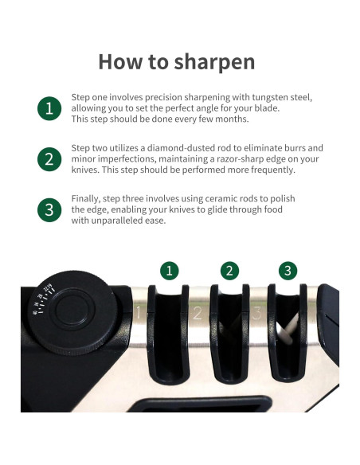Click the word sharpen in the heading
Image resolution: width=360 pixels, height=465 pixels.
tap(214, 63)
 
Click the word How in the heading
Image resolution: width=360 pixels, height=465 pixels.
tap(120, 61)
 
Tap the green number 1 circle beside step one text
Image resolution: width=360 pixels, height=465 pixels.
tap(49, 108)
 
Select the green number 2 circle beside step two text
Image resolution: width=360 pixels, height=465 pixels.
tap(49, 159)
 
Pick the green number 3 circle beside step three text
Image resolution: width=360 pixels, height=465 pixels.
tap(49, 209)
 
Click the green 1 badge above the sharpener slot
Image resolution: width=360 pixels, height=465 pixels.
tap(170, 271)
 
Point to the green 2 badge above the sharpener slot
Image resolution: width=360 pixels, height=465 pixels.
tap(229, 271)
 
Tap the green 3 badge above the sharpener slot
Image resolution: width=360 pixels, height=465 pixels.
tap(288, 271)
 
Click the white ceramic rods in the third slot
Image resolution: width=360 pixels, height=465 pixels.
tap(288, 329)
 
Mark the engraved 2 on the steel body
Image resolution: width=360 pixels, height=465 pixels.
tap(198, 313)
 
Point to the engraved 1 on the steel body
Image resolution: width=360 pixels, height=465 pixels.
tap(138, 312)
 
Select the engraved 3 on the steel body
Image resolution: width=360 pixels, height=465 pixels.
tap(256, 313)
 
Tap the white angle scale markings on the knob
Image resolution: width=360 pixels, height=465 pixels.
tap(44, 299)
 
